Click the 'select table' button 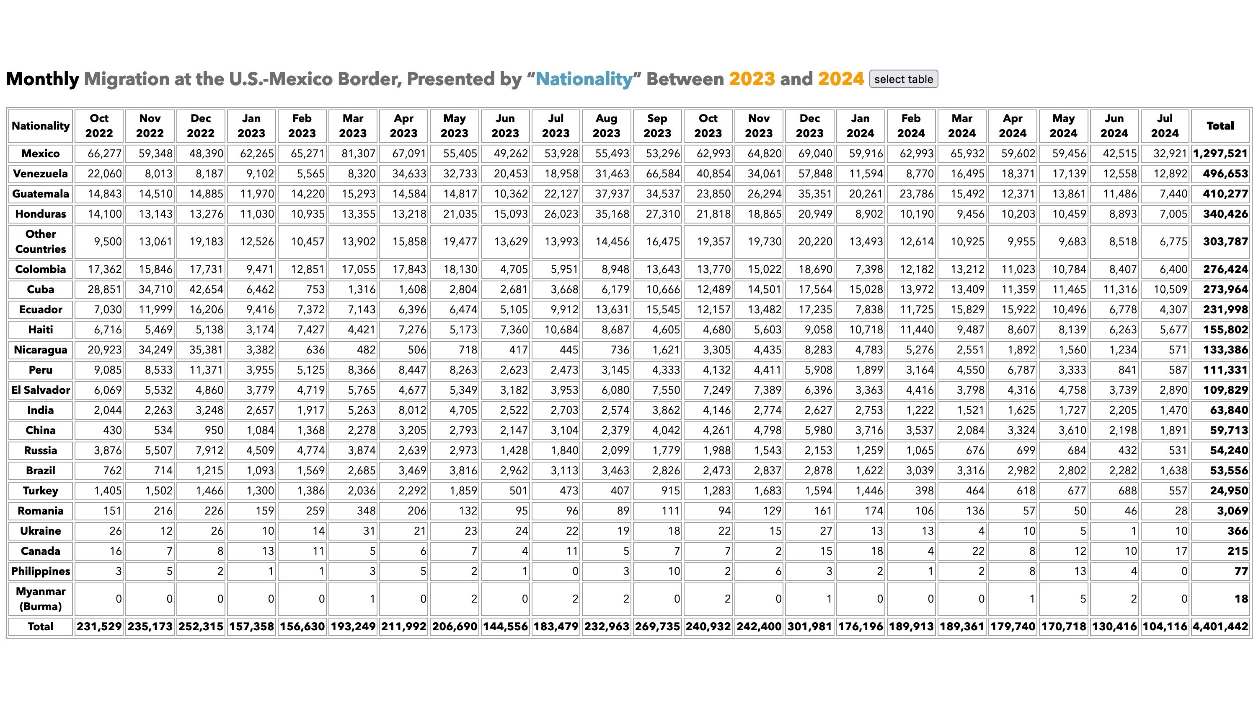[x=904, y=79]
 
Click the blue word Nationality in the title [x=584, y=79]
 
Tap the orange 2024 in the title [x=841, y=79]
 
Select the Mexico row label [x=41, y=154]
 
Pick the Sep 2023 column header [x=657, y=126]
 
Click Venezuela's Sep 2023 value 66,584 [x=663, y=174]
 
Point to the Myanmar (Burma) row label [x=41, y=599]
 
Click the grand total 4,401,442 [x=1220, y=626]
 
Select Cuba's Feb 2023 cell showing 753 [x=315, y=289]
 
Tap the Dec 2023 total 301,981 [x=809, y=626]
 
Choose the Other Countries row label [x=41, y=242]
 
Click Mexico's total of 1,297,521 [x=1220, y=154]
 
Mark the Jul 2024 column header [x=1165, y=126]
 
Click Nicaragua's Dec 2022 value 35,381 [x=206, y=350]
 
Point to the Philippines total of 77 [x=1241, y=572]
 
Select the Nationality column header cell [x=41, y=126]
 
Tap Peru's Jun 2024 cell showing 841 [x=1127, y=370]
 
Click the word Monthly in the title [x=42, y=79]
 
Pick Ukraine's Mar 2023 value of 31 [x=369, y=531]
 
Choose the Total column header [x=1220, y=126]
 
